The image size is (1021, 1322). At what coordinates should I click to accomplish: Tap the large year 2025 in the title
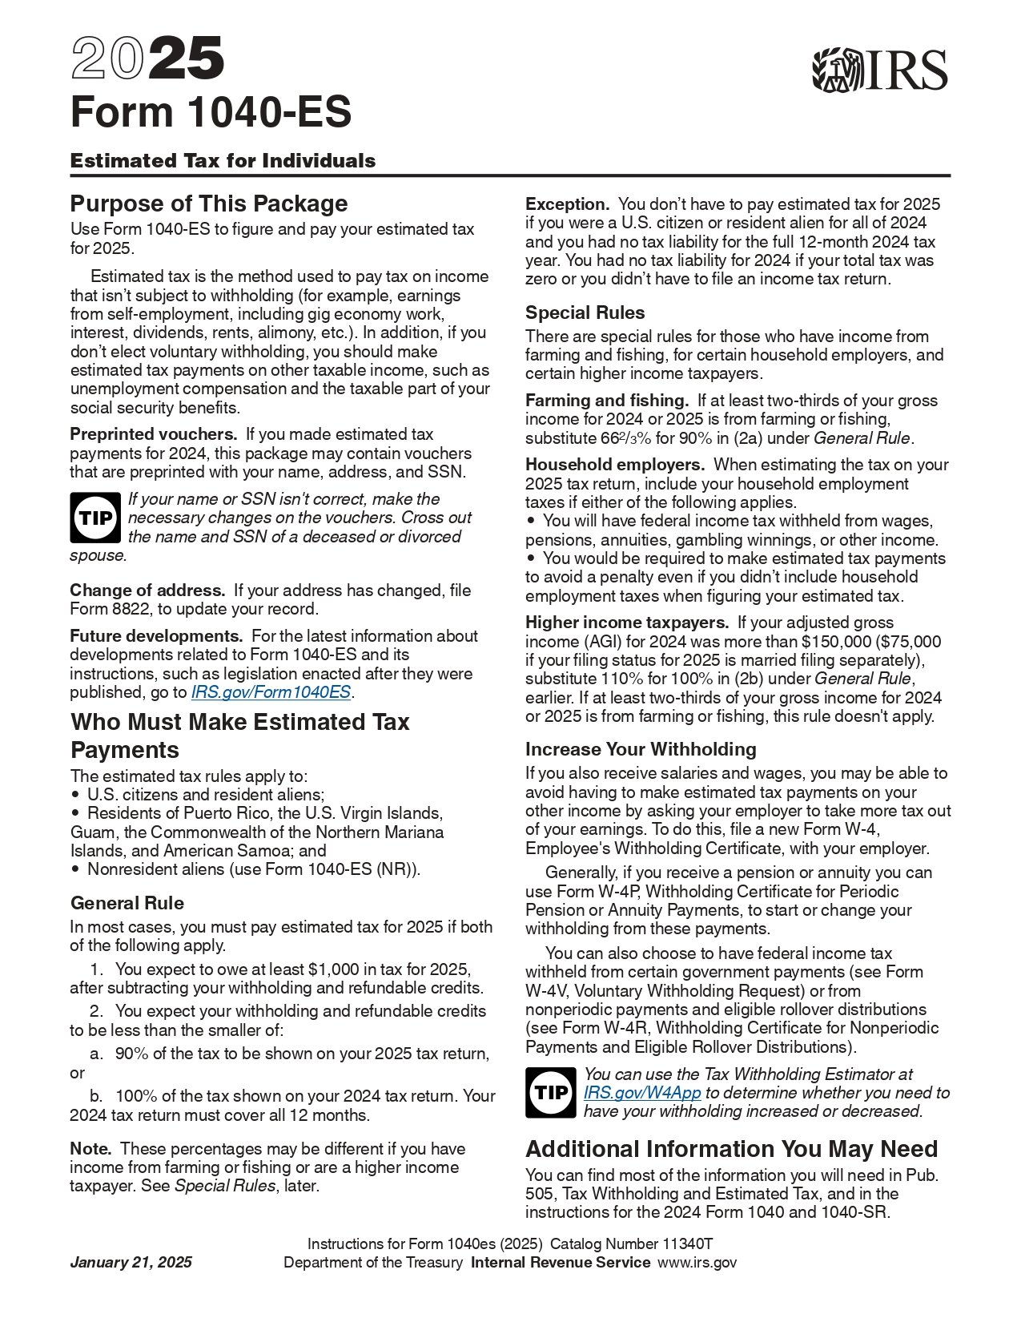tap(147, 60)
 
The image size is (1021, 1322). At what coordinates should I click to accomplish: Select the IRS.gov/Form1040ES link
tap(271, 692)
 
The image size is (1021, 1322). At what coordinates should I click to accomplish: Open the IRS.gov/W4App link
tap(641, 1093)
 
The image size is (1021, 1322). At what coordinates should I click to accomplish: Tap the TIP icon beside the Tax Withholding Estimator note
tap(551, 1093)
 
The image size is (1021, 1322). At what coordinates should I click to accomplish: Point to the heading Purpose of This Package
tap(209, 204)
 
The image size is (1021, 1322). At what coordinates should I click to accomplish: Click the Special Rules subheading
tap(585, 312)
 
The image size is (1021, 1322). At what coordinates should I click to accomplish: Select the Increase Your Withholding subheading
tap(641, 749)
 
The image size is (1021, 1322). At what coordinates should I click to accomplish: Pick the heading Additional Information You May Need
tap(731, 1149)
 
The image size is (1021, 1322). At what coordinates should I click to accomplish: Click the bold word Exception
tap(567, 204)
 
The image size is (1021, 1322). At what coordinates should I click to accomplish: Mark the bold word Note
tap(90, 1149)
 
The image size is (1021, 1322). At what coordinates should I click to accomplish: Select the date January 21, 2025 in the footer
tap(131, 1263)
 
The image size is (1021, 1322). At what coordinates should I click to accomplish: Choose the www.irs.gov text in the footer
tap(697, 1263)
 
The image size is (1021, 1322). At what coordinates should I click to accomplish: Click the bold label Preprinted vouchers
tap(153, 434)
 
